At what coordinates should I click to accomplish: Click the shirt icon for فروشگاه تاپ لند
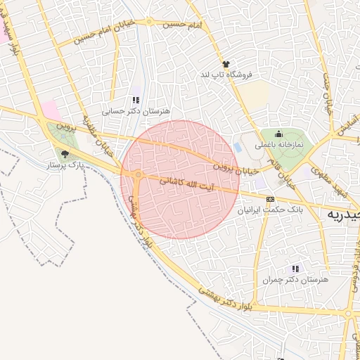coord(226,64)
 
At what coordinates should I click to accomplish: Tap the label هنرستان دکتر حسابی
coord(136,111)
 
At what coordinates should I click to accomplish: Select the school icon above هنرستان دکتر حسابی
coord(136,101)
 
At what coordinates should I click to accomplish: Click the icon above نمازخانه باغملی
coord(278,134)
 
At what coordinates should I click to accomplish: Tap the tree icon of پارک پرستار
coord(65,154)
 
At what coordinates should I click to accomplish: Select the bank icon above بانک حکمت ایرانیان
coord(270,200)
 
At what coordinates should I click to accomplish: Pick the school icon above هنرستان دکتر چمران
coord(295,269)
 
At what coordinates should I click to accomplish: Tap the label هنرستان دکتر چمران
coord(295,279)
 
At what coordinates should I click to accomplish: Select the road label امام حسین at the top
coord(181,24)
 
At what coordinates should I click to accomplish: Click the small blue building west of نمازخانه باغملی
coord(237,148)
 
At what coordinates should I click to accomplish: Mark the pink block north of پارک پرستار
coord(50,110)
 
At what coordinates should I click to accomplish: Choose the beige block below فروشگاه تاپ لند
coord(257,94)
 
